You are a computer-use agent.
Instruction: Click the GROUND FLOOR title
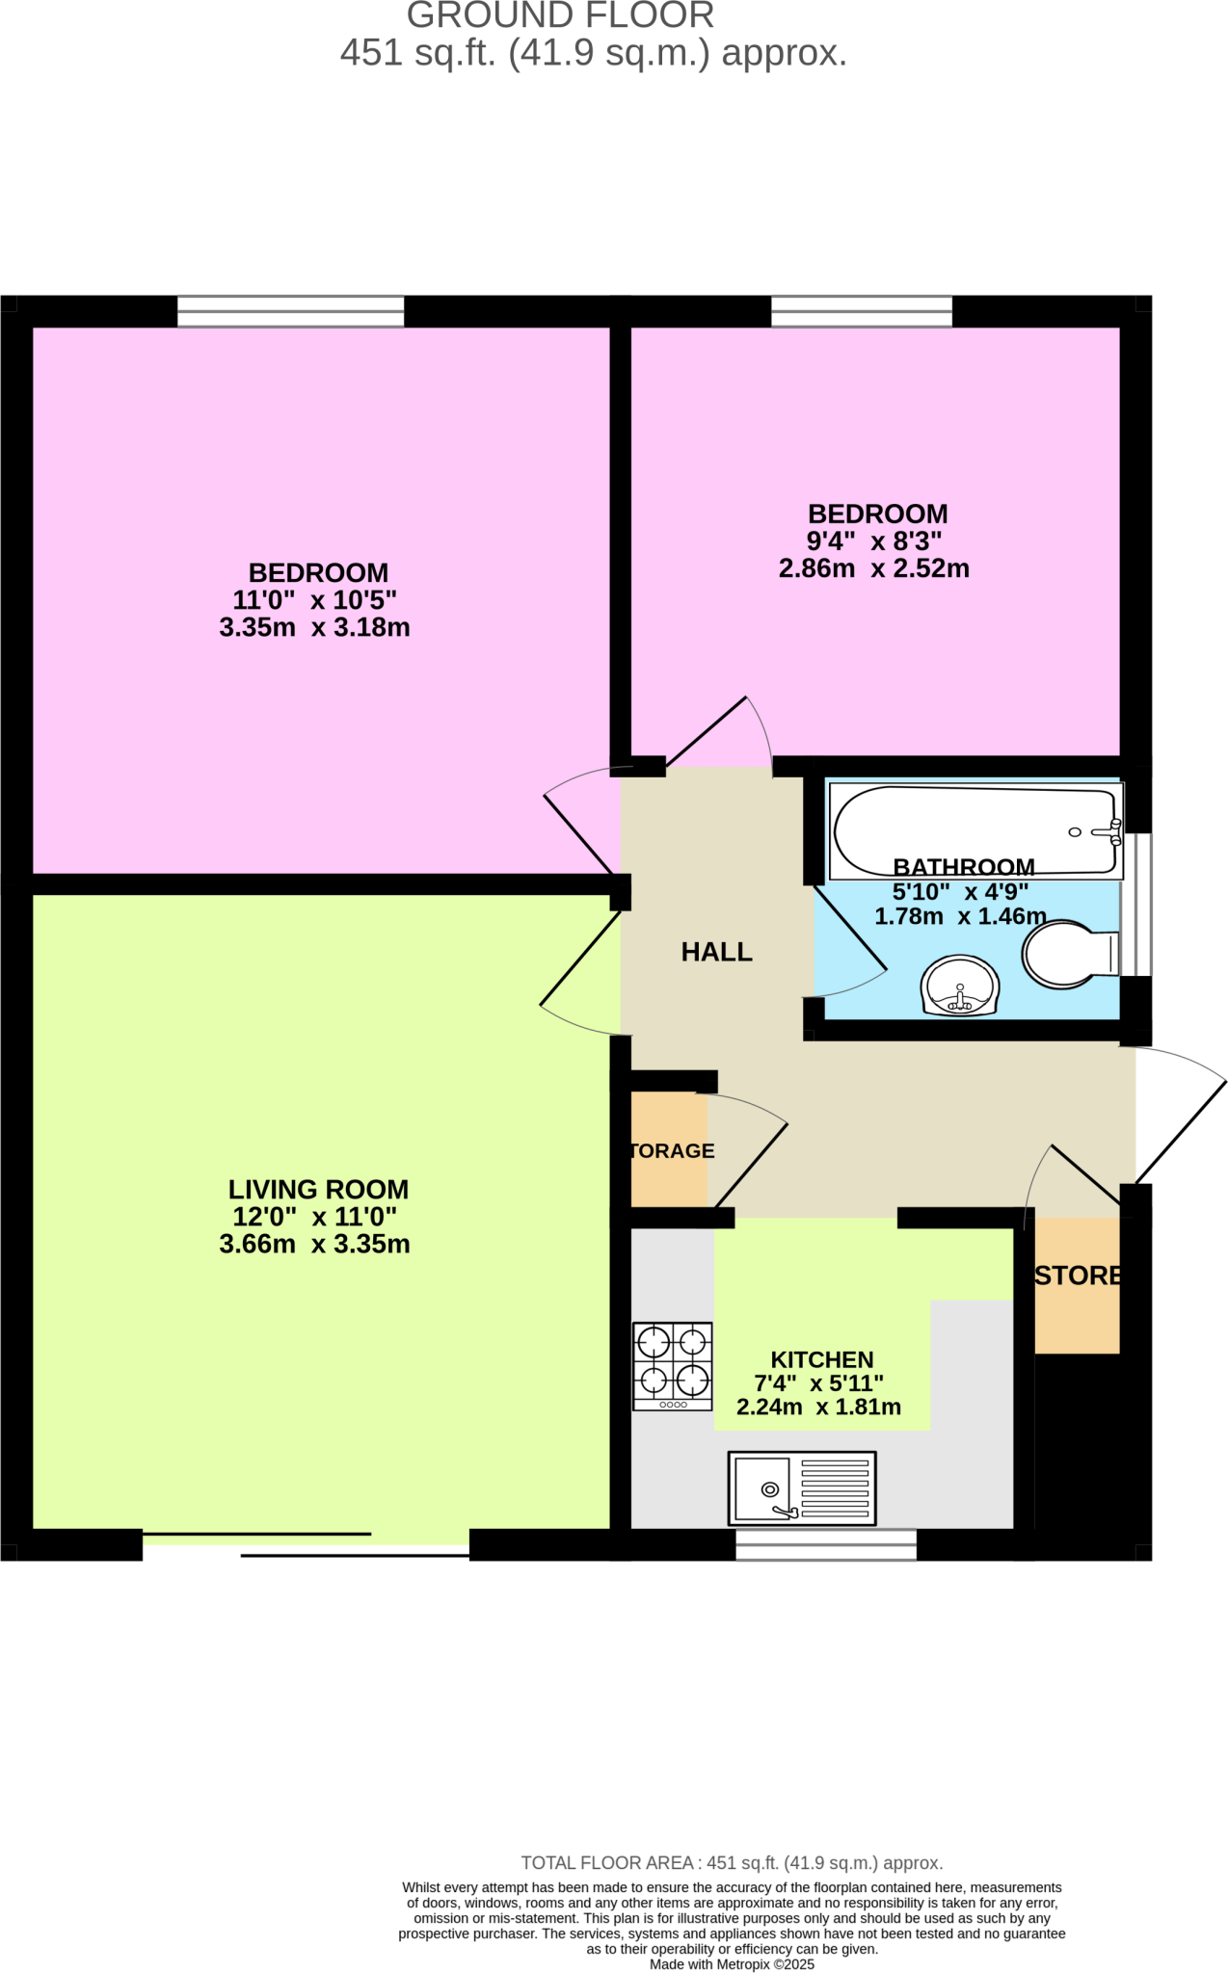(560, 16)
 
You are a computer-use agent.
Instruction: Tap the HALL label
(716, 952)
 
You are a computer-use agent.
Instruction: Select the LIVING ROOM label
(318, 1190)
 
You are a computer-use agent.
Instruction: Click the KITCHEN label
(822, 1359)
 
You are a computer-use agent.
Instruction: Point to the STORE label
(1078, 1276)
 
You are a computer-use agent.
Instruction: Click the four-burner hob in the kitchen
(673, 1366)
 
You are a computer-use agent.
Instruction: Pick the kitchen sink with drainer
(802, 1487)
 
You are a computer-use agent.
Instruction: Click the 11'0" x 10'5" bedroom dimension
(315, 600)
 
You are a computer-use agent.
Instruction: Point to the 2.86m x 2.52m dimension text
(874, 568)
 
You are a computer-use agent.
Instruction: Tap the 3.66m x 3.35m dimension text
(315, 1244)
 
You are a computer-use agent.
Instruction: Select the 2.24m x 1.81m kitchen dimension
(819, 1407)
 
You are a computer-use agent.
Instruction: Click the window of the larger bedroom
(290, 311)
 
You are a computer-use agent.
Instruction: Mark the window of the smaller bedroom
(862, 311)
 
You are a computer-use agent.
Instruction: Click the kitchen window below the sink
(826, 1544)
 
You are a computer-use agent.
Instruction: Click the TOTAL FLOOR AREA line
(732, 1863)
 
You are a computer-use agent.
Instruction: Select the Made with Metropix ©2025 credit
(732, 1964)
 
